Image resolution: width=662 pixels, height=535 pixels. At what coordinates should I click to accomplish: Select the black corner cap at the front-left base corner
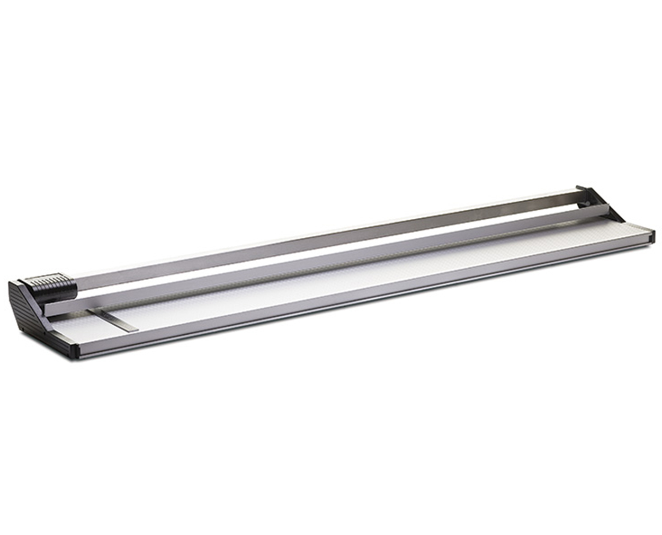point(74,350)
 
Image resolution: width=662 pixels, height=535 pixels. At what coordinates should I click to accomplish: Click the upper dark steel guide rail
point(318,242)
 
